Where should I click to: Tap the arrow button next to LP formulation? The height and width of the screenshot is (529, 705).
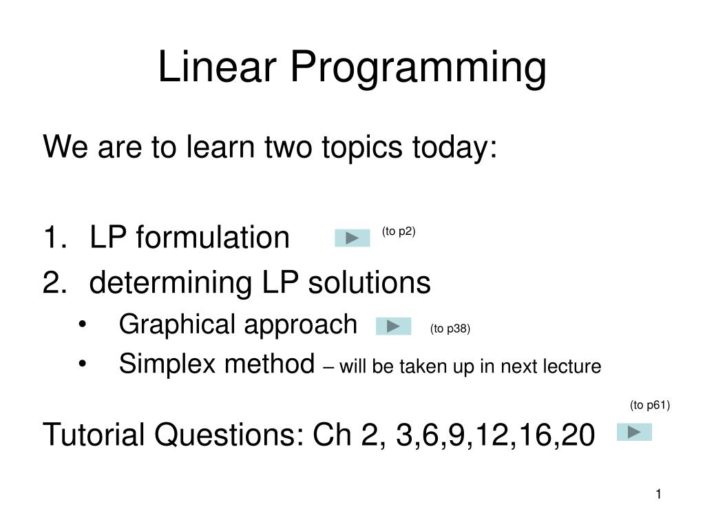(352, 238)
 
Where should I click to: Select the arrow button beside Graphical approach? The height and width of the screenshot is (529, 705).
(393, 326)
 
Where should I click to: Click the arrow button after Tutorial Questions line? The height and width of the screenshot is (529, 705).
(634, 433)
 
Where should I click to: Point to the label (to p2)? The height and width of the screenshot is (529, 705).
(399, 231)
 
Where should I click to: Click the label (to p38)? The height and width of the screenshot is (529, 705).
(450, 329)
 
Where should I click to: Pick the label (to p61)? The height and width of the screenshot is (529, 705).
(649, 405)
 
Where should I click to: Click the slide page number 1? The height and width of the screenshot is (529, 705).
(658, 494)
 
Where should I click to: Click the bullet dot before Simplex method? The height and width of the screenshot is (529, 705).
(83, 365)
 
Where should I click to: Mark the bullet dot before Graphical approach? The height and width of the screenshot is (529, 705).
(83, 325)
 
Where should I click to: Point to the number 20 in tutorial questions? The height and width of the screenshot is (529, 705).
(575, 435)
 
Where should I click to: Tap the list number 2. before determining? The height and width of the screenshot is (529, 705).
(53, 282)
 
